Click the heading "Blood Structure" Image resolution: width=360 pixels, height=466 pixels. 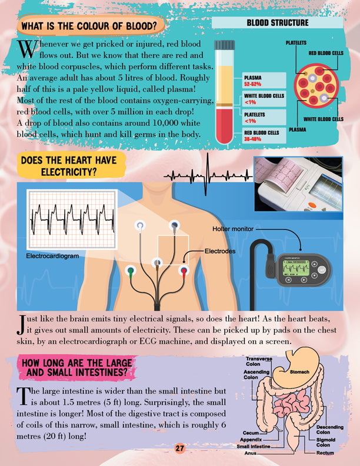[x=278, y=23]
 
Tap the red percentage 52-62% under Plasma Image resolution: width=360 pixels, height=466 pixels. [x=253, y=84]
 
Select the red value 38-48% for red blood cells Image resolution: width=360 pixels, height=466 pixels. [x=253, y=139]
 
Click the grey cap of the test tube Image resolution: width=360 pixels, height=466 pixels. [x=225, y=45]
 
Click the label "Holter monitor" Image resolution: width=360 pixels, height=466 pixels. [x=233, y=229]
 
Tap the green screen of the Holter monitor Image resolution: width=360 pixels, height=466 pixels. [x=295, y=269]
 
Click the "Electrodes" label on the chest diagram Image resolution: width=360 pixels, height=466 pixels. [x=220, y=251]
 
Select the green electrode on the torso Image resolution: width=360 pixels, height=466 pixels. [x=130, y=271]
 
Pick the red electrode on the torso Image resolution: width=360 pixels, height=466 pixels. [x=184, y=271]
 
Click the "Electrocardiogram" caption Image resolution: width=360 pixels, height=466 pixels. [x=52, y=256]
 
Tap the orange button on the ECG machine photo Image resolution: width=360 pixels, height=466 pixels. [x=312, y=205]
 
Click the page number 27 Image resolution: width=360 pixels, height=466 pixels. [x=179, y=448]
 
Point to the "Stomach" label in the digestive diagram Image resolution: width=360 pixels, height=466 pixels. [x=299, y=372]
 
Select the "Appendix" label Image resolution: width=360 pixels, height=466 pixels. [x=251, y=440]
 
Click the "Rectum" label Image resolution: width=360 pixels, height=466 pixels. [x=325, y=453]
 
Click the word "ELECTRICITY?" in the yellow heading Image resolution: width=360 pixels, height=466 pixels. [x=69, y=172]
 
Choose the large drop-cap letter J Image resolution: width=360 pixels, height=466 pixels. [x=21, y=325]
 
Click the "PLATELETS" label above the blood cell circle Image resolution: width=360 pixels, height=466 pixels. [x=296, y=43]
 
